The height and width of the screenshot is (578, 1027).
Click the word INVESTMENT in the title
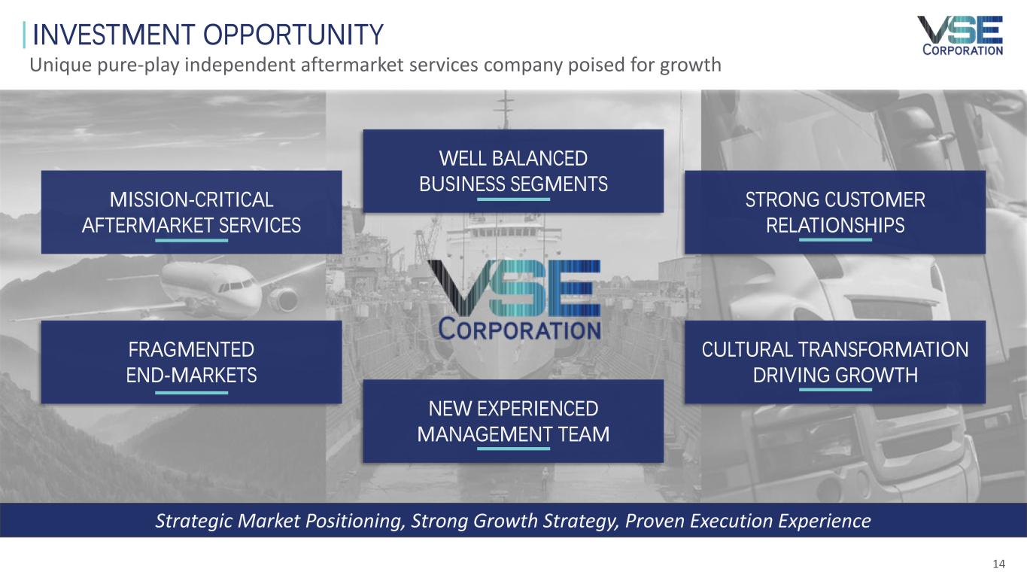coord(114,35)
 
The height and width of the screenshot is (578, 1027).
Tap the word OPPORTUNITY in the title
coord(293,35)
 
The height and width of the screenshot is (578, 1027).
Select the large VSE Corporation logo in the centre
coord(514,300)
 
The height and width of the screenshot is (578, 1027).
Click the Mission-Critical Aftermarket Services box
coord(192,212)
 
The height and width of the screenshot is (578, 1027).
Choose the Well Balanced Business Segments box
coord(513,171)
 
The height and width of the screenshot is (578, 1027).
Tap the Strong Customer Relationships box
coord(835,212)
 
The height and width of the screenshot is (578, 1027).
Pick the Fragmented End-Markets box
coord(192,362)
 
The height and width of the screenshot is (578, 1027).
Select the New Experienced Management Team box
coord(513,421)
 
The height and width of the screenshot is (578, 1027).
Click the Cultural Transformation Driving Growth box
coord(835,362)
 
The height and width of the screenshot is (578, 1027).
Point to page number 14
coord(998,564)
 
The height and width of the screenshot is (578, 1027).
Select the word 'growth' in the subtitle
coord(691,65)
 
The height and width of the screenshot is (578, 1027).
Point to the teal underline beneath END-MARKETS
coord(192,393)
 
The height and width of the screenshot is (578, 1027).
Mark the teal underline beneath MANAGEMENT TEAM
coord(513,449)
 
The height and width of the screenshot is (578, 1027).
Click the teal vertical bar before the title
coord(24,35)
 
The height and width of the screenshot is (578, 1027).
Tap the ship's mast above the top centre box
coord(506,110)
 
